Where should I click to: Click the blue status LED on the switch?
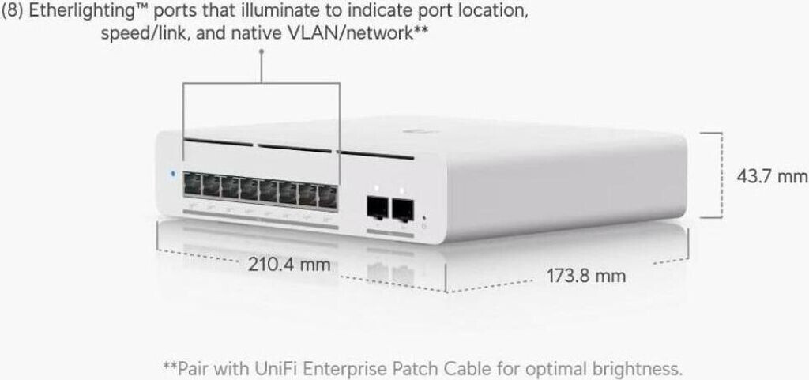point(172,172)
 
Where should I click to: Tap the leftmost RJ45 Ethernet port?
point(192,186)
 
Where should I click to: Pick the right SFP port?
point(404,210)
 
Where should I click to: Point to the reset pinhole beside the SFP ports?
point(425,217)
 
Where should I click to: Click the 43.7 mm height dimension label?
point(772,175)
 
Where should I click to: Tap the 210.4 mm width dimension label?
point(289,264)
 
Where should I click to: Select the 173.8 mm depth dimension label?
point(586,276)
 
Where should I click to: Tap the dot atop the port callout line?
point(261,52)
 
